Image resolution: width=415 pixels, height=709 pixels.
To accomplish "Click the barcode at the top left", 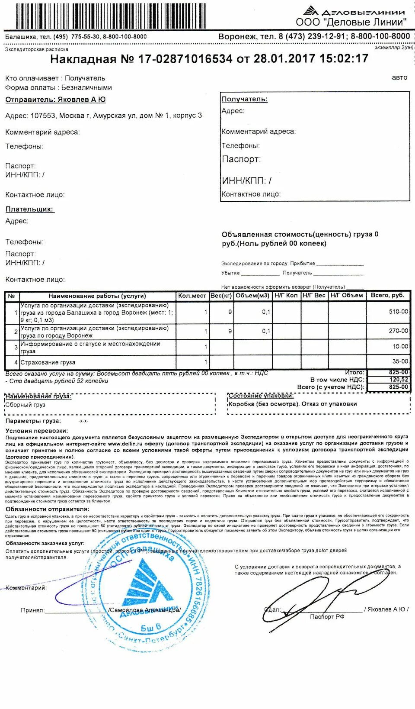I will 110,16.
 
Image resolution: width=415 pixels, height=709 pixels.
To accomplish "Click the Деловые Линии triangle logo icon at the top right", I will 311,11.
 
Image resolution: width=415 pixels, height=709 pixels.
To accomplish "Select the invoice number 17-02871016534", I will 185,59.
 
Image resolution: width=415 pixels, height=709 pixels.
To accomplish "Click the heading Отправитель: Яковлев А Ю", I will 55,100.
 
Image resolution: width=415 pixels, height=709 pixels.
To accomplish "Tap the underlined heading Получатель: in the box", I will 245,99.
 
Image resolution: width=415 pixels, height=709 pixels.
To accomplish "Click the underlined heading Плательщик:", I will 29,209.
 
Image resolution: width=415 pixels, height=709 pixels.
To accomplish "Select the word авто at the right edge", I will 399,77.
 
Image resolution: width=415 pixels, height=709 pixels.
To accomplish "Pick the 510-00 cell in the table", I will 398,311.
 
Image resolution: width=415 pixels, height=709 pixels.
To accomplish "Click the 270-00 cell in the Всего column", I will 398,331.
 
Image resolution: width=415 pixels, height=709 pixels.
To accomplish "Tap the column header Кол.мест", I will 192,296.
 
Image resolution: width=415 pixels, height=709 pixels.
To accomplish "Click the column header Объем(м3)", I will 252,296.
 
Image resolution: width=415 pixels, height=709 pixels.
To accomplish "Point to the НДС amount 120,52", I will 398,380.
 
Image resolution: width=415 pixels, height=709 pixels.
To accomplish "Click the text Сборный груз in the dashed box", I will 25,405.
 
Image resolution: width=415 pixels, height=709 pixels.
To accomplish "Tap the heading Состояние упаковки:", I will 261,396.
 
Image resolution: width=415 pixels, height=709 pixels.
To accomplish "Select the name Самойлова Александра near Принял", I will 144,610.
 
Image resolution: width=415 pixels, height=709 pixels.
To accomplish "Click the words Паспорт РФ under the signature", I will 327,616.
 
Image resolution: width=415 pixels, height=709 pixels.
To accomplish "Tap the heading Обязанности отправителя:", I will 48,509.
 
